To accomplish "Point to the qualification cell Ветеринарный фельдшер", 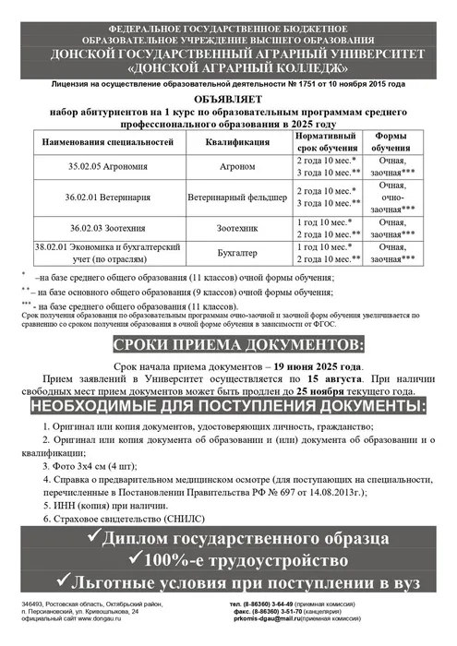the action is click(239, 197).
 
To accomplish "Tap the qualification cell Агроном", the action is click(239, 165).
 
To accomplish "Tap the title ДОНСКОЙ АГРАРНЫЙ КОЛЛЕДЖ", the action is click(228, 67).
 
